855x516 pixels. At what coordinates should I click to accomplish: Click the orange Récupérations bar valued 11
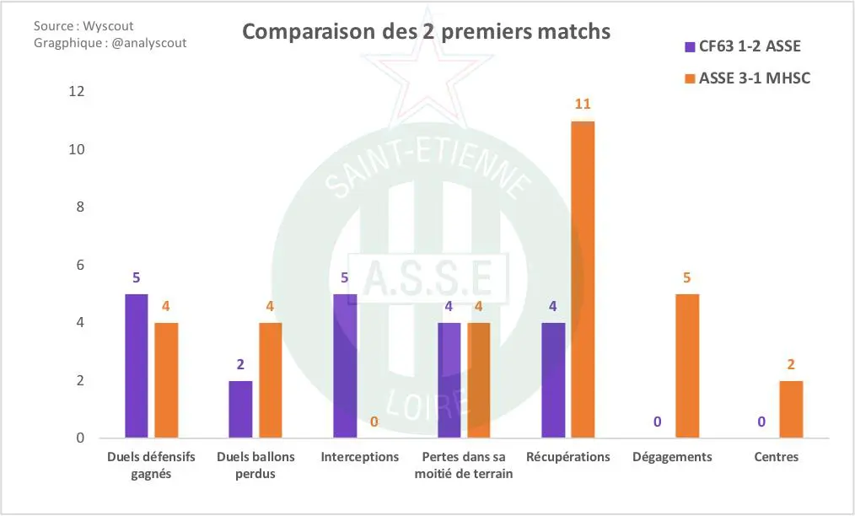(x=583, y=280)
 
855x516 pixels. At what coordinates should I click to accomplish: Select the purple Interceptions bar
(x=345, y=366)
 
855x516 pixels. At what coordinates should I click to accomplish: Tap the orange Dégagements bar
(x=687, y=366)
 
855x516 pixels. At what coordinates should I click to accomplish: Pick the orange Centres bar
(x=791, y=409)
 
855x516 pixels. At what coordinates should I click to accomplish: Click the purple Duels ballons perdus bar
(x=240, y=409)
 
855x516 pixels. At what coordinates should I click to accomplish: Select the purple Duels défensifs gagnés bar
(x=137, y=366)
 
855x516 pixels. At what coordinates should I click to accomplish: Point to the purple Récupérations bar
(x=553, y=380)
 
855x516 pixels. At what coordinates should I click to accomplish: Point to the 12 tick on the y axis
(x=77, y=92)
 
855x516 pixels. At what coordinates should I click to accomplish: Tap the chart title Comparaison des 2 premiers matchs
(x=427, y=32)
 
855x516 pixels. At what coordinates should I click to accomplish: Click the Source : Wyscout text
(x=83, y=26)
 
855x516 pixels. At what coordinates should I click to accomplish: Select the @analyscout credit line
(x=110, y=42)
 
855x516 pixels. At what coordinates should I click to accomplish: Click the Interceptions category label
(x=360, y=457)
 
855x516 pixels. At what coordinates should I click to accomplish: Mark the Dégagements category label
(x=672, y=457)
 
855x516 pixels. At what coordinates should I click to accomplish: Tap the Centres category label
(x=777, y=457)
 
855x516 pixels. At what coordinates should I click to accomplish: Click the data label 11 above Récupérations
(x=583, y=105)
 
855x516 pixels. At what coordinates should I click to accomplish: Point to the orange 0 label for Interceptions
(x=374, y=422)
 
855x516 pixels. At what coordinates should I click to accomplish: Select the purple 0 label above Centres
(x=761, y=422)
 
